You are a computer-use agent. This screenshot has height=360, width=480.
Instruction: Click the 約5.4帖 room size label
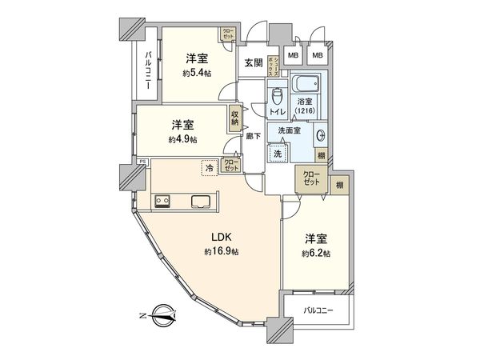tap(196, 73)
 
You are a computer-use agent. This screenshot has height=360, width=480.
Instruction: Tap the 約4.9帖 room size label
tap(183, 139)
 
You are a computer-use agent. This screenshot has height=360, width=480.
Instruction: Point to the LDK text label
tap(222, 238)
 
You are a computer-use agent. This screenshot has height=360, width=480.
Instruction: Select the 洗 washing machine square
tap(278, 153)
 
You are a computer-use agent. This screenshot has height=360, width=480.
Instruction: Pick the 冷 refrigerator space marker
tap(209, 168)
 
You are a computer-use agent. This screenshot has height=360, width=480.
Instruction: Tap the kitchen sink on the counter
tap(199, 201)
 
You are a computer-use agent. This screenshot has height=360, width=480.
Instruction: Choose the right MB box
tap(318, 55)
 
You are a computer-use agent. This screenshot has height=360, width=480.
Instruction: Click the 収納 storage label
tap(235, 118)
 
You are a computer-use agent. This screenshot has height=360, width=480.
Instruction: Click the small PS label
tap(142, 162)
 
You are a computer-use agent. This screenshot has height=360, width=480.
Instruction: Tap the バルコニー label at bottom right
tap(318, 310)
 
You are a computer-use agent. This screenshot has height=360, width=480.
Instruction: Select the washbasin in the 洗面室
tap(321, 136)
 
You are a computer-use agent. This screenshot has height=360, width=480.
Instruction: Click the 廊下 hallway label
tap(251, 136)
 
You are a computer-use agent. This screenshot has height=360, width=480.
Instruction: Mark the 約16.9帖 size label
tap(222, 252)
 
